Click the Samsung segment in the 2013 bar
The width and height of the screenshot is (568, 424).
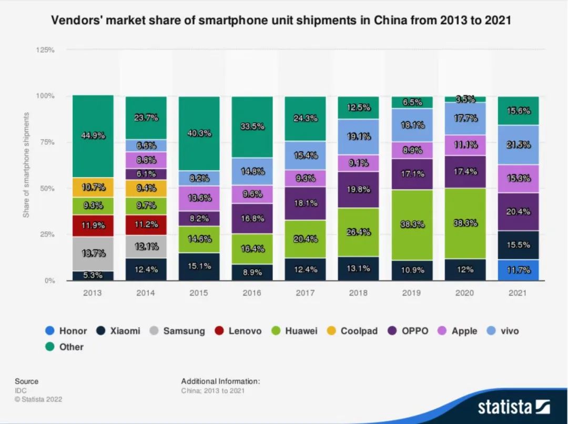coord(93,253)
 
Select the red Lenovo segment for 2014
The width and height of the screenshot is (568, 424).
coord(146,225)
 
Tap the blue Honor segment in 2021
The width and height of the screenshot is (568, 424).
coord(518,270)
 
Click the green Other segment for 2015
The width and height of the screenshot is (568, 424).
coord(199,134)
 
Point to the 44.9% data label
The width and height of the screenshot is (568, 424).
coord(93,135)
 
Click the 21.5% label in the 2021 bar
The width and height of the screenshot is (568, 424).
coord(518,145)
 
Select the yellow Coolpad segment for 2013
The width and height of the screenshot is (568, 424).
coord(93,187)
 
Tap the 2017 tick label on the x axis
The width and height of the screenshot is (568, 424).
coord(306,292)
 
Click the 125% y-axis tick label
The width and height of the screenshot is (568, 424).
coord(45,50)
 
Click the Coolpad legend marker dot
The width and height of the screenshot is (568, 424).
coord(331,331)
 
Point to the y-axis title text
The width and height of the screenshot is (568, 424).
coord(26,165)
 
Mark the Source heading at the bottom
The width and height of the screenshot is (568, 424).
coord(26,381)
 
